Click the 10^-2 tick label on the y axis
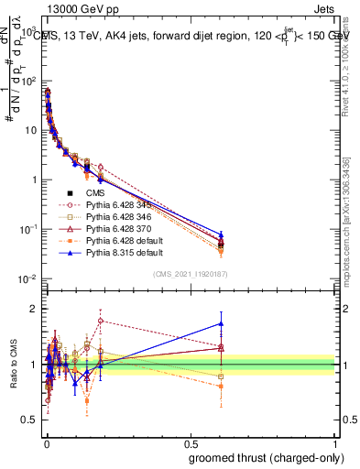pos(27,278)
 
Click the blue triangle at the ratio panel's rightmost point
pos(220,322)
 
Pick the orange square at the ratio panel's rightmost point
pos(220,387)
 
